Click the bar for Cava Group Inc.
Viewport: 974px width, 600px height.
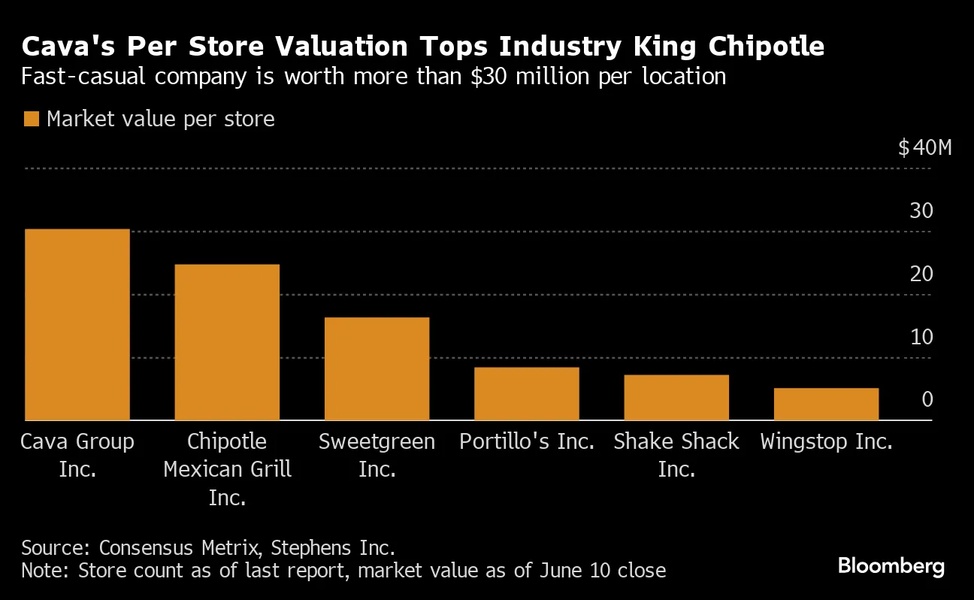point(77,324)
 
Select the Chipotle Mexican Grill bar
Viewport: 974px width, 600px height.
point(227,342)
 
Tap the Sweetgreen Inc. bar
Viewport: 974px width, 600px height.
point(377,368)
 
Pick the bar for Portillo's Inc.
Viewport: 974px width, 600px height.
point(526,393)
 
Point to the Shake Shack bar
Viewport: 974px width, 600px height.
point(676,397)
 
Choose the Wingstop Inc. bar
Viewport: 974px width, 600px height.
point(826,404)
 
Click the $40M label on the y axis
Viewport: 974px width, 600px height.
point(924,147)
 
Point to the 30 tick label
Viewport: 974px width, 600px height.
point(921,211)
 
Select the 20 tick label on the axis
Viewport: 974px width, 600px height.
point(921,274)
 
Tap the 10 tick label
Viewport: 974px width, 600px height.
point(921,337)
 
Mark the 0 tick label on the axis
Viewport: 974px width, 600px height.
point(927,399)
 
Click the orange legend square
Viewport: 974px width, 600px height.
point(31,119)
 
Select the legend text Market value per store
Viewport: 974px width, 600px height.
point(161,119)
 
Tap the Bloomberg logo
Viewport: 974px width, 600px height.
point(891,566)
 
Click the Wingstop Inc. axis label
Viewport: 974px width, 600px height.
point(826,441)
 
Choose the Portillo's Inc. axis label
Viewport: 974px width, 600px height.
point(527,441)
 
